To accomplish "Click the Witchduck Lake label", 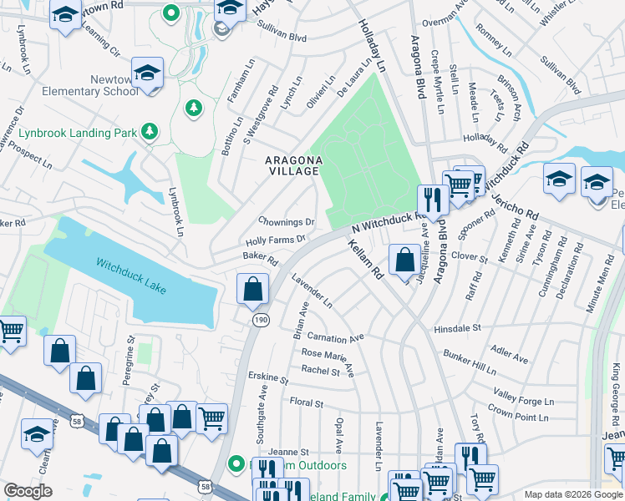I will pyautogui.click(x=131, y=276).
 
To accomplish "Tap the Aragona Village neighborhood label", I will pyautogui.click(x=292, y=165).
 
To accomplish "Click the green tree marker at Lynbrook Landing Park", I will pyautogui.click(x=150, y=130).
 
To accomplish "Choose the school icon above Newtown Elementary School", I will pyautogui.click(x=147, y=73).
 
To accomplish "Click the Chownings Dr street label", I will pyautogui.click(x=286, y=222).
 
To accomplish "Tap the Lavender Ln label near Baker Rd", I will pyautogui.click(x=312, y=292).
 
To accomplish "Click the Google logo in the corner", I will pyautogui.click(x=29, y=490).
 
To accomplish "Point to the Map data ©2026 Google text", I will pyautogui.click(x=572, y=494).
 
